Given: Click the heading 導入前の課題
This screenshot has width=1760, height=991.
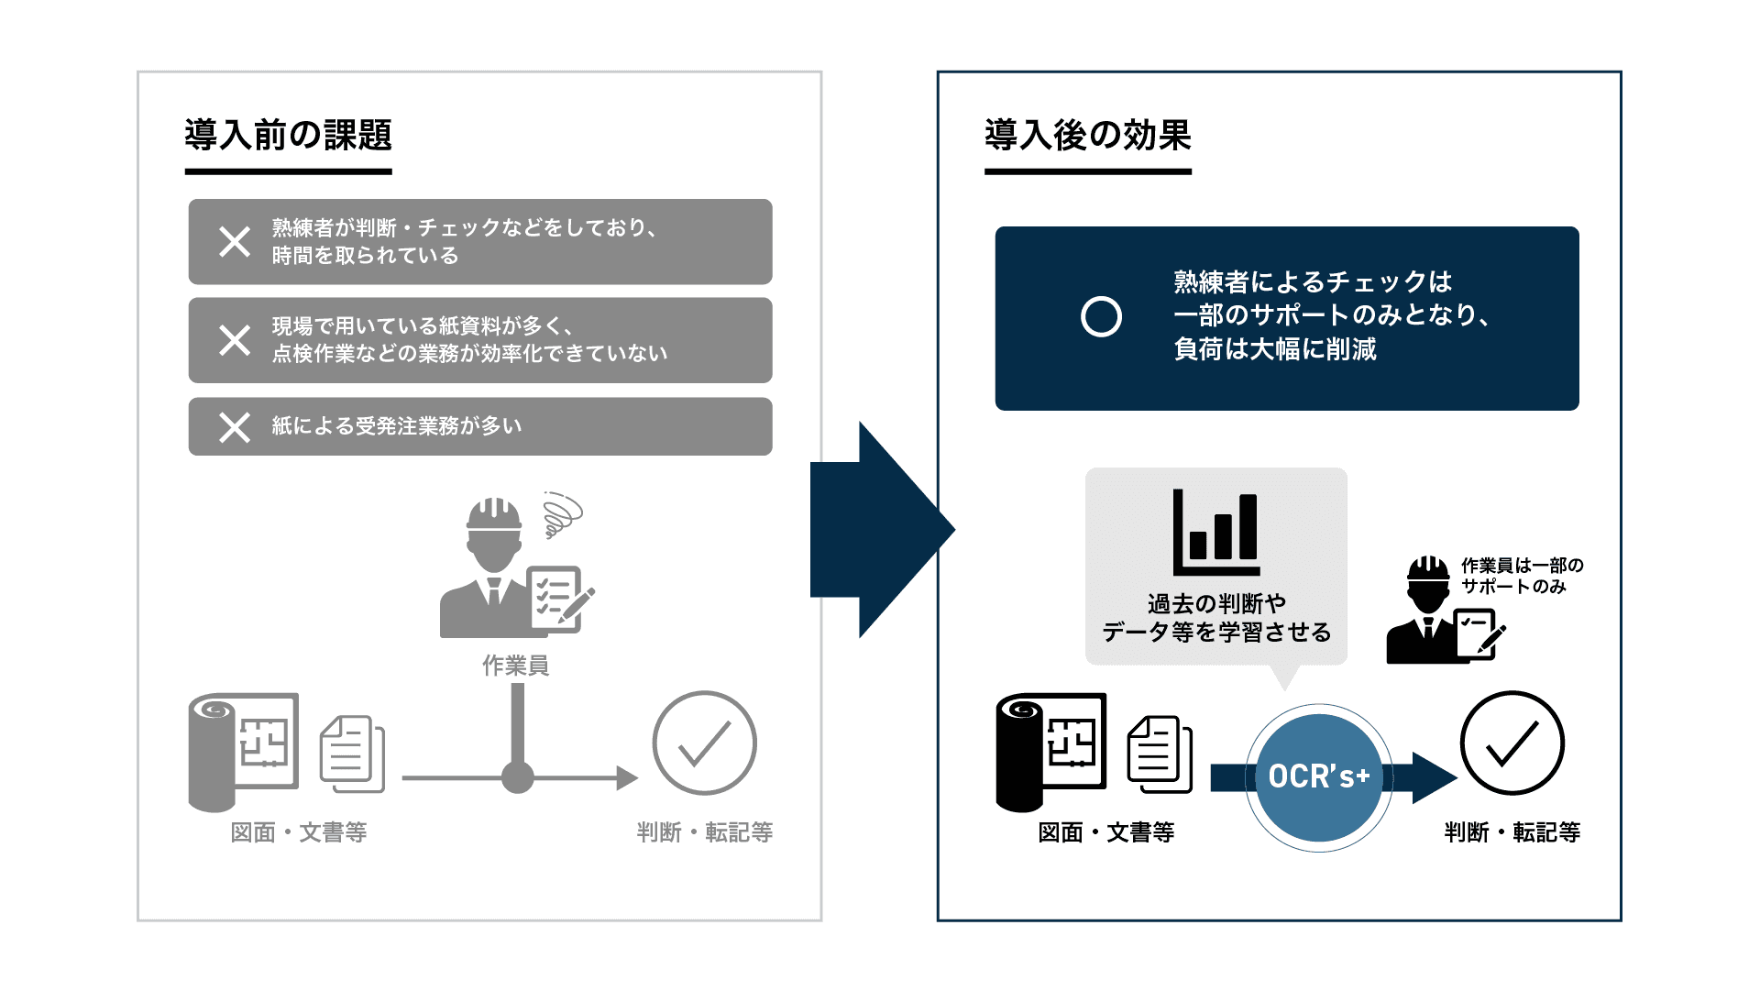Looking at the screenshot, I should [288, 136].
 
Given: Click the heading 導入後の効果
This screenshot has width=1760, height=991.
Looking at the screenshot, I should [1087, 136].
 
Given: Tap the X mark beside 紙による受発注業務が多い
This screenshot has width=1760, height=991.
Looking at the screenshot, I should [235, 427].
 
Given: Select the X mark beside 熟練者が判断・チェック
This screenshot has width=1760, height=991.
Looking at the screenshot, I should [235, 242].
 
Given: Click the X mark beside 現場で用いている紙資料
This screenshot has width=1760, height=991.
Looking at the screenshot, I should [235, 340].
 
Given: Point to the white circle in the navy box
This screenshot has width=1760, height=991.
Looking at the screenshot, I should [1101, 317].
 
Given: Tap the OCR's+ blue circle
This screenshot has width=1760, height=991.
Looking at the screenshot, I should [1318, 777].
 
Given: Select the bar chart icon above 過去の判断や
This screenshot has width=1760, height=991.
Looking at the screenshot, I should [1216, 533].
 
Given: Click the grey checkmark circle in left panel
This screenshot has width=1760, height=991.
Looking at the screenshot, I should [704, 743].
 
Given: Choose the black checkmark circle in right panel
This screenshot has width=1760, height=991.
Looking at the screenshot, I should [1512, 743].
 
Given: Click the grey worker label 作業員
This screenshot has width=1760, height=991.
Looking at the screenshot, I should [515, 666].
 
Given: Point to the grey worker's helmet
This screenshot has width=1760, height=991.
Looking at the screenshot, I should [493, 514].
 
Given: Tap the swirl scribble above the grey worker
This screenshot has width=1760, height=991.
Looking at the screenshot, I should [561, 514].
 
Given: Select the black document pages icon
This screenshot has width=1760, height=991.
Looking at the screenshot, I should [1160, 754].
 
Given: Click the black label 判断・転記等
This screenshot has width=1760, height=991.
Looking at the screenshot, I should [1512, 832].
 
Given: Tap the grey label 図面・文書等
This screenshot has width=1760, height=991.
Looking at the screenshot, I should [299, 832].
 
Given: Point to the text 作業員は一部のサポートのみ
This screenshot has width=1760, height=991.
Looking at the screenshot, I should [1522, 576].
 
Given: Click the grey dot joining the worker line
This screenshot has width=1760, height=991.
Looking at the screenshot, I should [517, 778].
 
